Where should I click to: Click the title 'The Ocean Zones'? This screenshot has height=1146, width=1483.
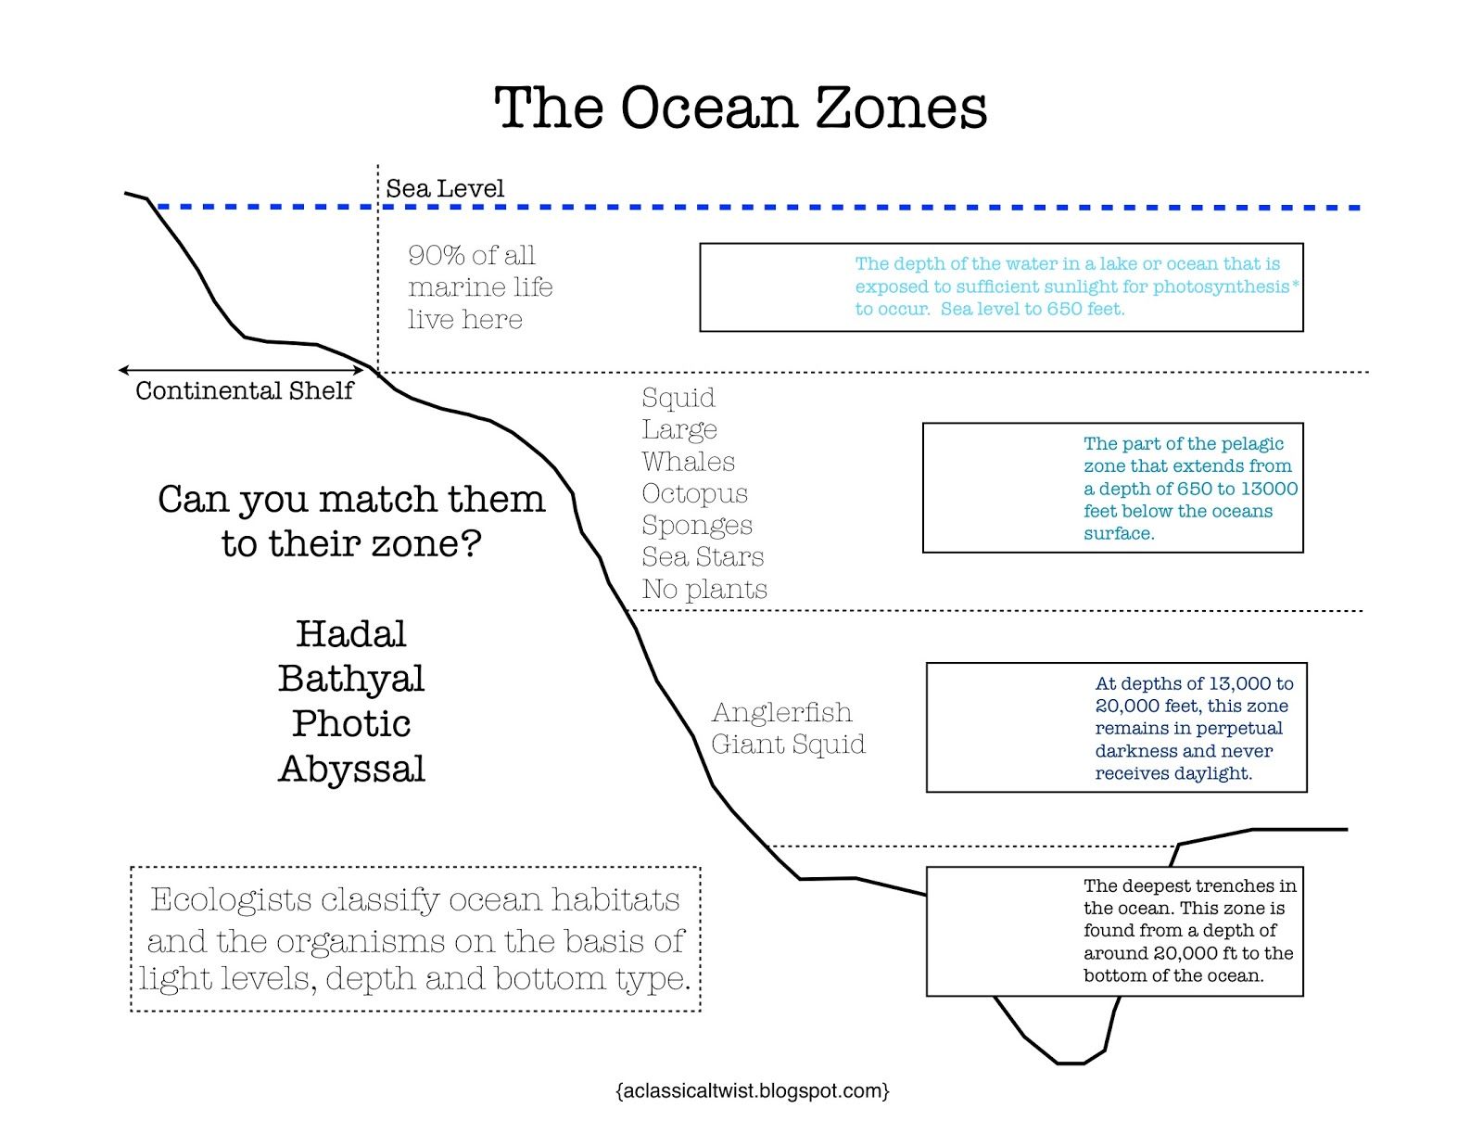tap(740, 108)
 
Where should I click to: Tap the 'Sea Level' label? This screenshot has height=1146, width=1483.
tap(445, 189)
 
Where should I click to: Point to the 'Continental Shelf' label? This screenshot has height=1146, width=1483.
tap(244, 390)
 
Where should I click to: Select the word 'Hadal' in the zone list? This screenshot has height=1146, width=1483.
tap(351, 634)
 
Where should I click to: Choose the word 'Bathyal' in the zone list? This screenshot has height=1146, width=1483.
tap(351, 679)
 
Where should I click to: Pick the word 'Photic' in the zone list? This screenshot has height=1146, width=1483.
tap(351, 724)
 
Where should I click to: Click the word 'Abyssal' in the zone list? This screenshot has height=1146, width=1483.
tap(351, 770)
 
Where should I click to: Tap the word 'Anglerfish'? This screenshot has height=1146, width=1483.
tap(781, 712)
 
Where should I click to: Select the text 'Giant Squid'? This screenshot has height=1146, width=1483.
tap(788, 744)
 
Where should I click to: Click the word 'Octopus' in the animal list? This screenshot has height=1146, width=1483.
tap(694, 493)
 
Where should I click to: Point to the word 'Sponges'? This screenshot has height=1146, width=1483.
tap(697, 525)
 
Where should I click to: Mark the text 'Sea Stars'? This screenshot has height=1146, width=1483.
tap(703, 556)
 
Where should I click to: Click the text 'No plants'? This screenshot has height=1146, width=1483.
tap(704, 589)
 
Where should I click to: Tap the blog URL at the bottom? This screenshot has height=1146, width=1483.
tap(752, 1090)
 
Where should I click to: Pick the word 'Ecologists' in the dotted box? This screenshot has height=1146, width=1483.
tap(231, 899)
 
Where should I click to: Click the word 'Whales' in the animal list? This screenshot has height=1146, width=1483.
tap(688, 462)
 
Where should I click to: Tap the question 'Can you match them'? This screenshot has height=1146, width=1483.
tap(351, 499)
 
